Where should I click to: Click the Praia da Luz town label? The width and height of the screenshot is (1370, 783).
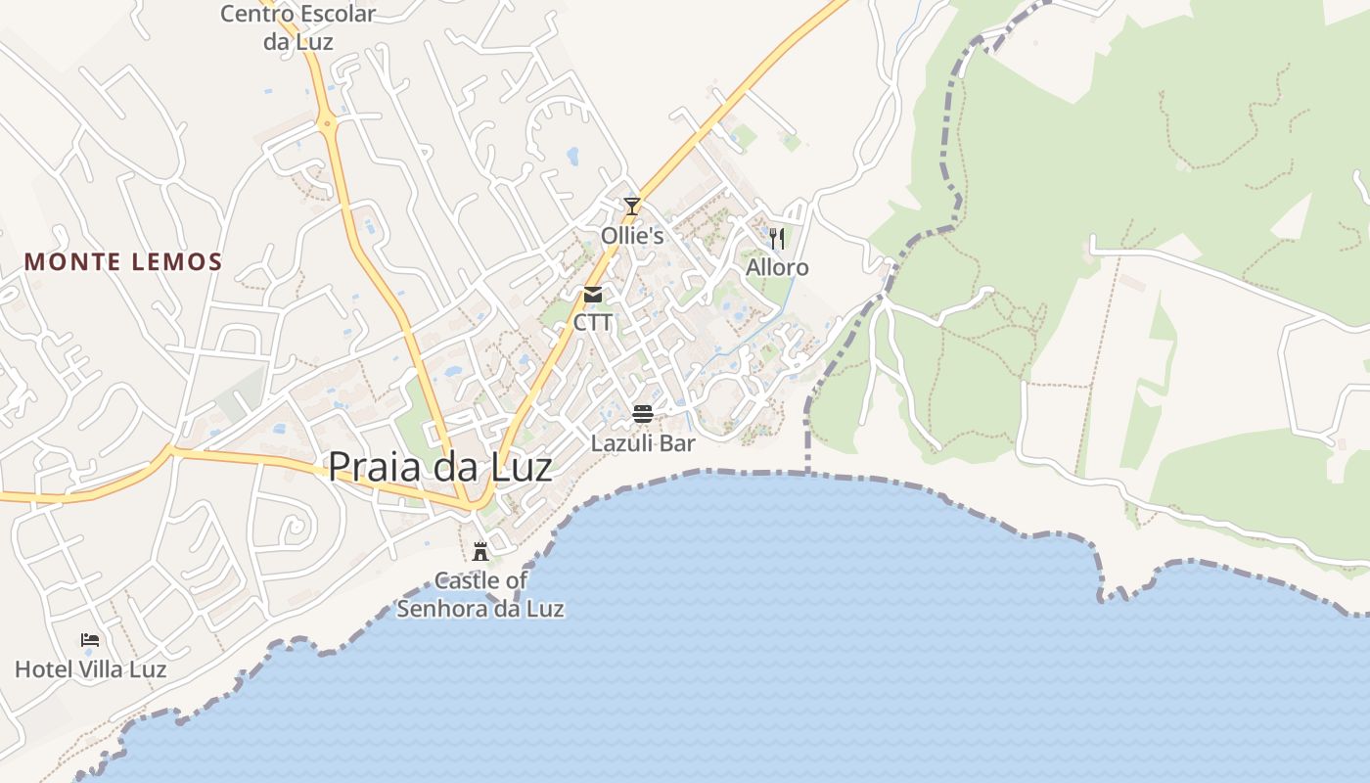click(439, 467)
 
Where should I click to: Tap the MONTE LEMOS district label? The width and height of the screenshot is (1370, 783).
click(123, 262)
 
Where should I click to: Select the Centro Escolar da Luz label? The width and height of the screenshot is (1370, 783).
click(297, 27)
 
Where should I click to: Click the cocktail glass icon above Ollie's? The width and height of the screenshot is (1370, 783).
click(632, 207)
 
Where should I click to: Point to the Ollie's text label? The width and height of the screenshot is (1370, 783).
click(632, 236)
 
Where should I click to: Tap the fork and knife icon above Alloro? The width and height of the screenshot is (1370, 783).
click(777, 238)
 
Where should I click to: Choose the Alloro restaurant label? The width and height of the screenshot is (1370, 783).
click(777, 267)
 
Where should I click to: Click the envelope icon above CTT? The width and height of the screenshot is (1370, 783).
click(593, 294)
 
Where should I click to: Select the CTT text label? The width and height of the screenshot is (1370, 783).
click(593, 322)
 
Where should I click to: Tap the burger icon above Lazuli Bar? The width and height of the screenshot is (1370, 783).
click(643, 414)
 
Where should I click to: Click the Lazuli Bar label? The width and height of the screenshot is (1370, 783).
click(643, 443)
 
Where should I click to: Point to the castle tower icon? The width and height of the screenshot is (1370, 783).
click(480, 551)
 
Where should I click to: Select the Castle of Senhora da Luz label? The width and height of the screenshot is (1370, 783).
click(480, 594)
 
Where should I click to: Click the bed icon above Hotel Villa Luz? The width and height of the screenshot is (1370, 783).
click(90, 640)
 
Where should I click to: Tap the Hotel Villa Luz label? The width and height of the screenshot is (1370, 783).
click(90, 669)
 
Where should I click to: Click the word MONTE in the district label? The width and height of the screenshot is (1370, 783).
click(67, 262)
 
